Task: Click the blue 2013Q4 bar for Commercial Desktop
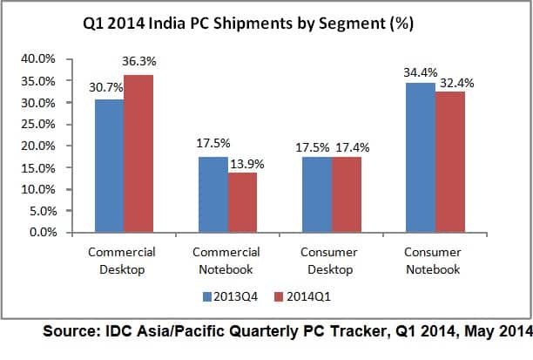coord(109,166)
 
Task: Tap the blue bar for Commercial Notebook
coord(213,194)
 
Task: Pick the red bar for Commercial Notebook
coord(243,202)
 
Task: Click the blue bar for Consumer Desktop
coord(316,194)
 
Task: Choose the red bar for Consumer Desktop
coord(347,194)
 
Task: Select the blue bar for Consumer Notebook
coord(420,158)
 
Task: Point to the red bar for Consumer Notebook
coord(450,162)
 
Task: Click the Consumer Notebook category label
coord(435,261)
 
